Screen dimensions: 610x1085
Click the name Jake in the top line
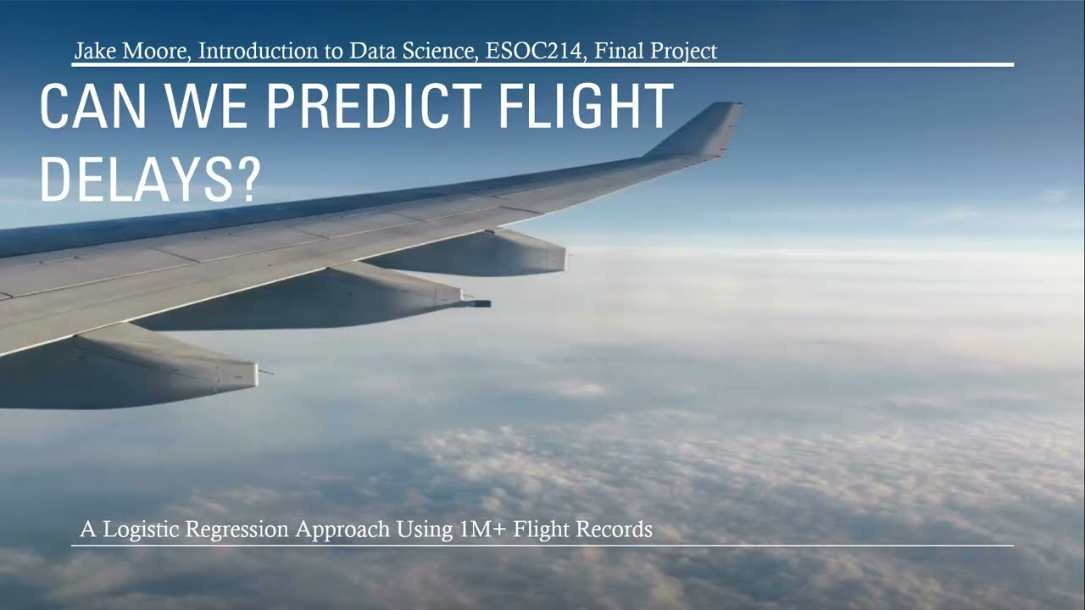(93, 52)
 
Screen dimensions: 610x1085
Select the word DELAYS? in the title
(149, 180)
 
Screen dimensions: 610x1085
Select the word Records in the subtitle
(615, 530)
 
